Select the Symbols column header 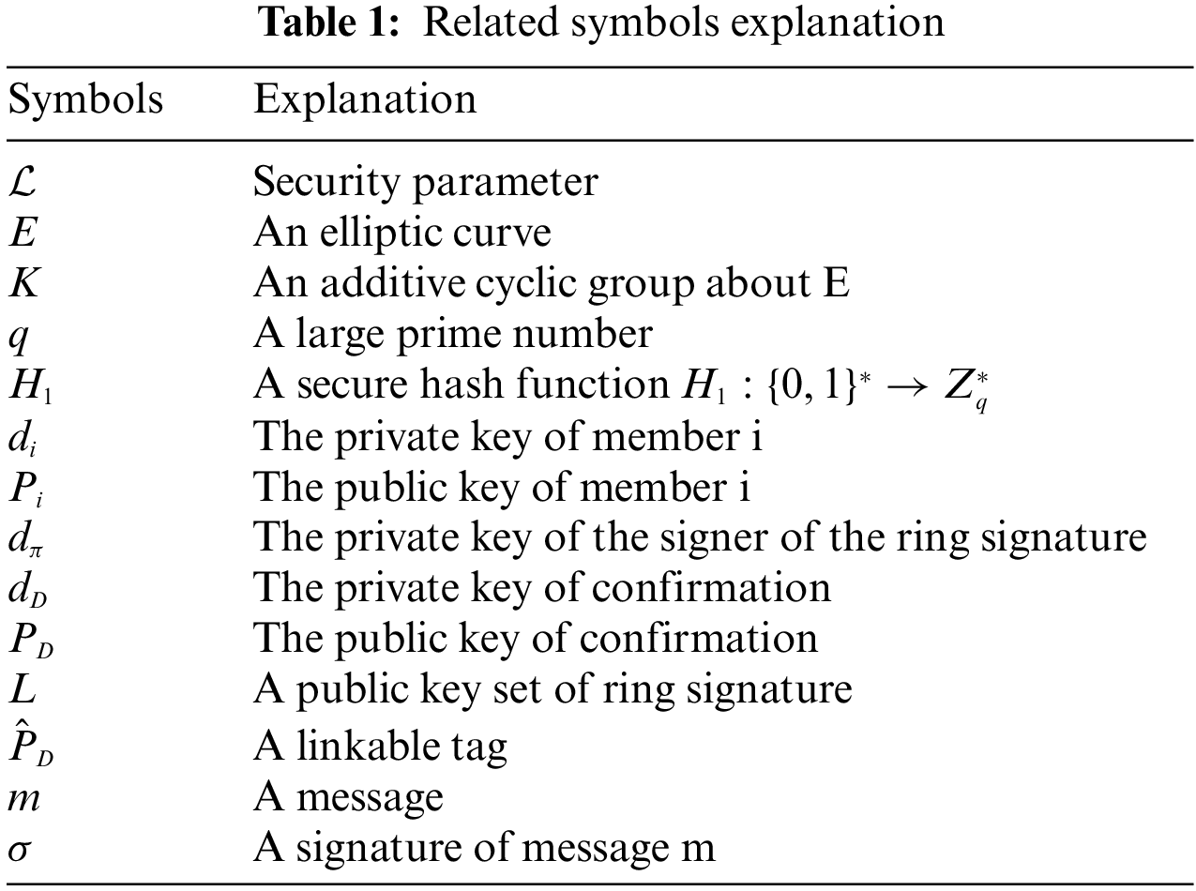point(85,98)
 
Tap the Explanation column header point(364,98)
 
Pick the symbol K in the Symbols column point(24,282)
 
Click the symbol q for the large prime point(18,336)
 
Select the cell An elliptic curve point(401,232)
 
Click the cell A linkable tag point(380,746)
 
